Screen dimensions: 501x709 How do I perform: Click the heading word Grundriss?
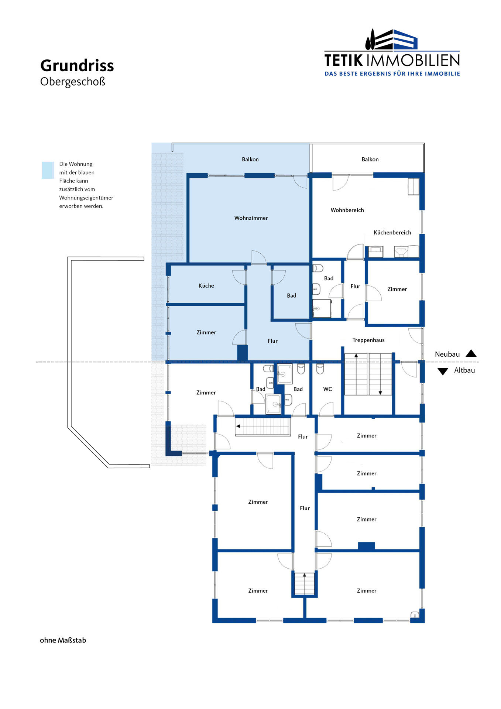(x=77, y=66)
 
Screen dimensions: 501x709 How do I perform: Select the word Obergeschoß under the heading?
(x=73, y=82)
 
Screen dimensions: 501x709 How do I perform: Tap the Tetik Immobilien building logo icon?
(x=391, y=39)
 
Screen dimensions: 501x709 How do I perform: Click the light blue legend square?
(x=48, y=170)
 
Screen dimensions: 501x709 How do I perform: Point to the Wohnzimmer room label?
(x=251, y=218)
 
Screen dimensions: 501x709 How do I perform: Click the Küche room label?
(x=206, y=285)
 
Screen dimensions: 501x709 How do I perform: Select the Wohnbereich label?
(x=347, y=210)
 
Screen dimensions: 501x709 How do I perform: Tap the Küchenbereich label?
(x=392, y=232)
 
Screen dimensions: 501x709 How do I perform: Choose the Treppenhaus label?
(x=368, y=340)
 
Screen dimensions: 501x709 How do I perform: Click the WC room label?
(x=327, y=389)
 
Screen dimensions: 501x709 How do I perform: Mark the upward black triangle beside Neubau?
(x=471, y=353)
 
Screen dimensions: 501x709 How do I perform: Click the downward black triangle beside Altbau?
(x=443, y=371)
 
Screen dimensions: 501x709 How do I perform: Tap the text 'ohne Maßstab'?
(x=63, y=640)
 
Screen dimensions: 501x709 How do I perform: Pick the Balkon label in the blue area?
(x=250, y=159)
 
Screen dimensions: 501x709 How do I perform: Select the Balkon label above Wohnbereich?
(x=370, y=159)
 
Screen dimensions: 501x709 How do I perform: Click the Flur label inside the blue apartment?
(x=272, y=341)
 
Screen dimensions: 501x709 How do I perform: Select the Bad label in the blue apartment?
(x=291, y=296)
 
